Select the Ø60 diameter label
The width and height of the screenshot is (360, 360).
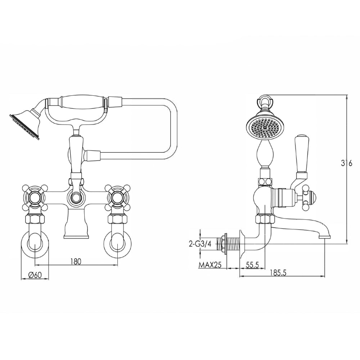click(x=35, y=275)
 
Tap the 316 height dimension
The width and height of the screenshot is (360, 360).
click(x=346, y=163)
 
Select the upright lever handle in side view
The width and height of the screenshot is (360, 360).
click(x=301, y=155)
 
